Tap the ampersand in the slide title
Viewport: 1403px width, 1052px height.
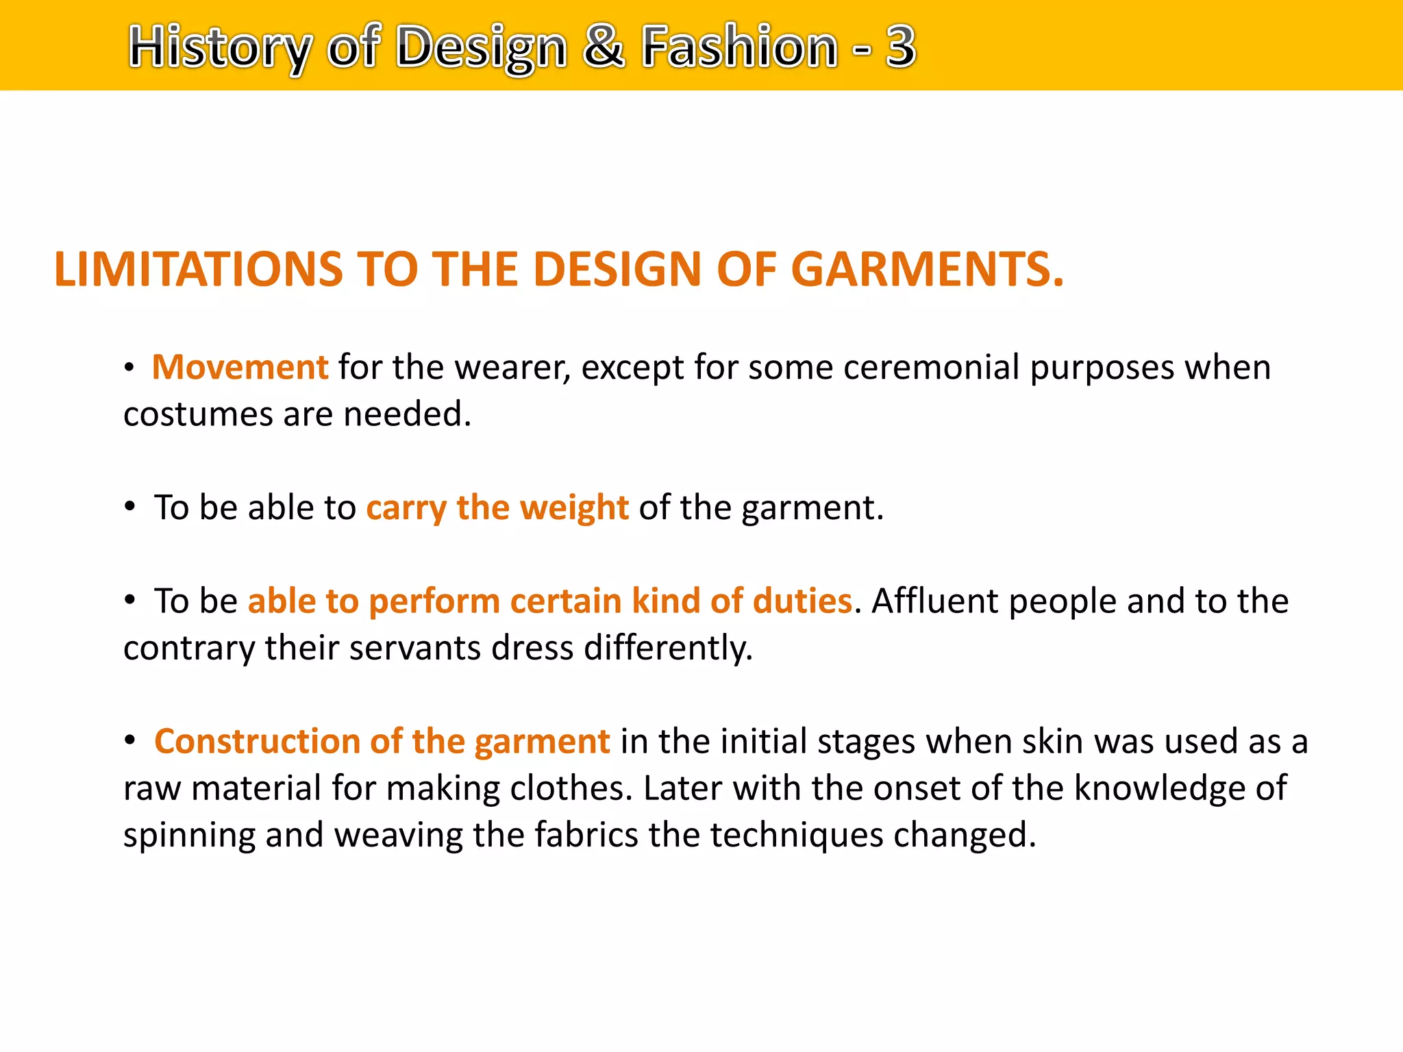(604, 46)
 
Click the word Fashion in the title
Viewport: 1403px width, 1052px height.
(739, 46)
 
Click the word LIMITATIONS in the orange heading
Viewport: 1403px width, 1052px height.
(198, 268)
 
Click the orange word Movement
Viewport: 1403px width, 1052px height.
(240, 367)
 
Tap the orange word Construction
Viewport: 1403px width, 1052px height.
(257, 741)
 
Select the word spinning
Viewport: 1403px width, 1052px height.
(189, 836)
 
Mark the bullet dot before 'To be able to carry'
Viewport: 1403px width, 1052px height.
(130, 508)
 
